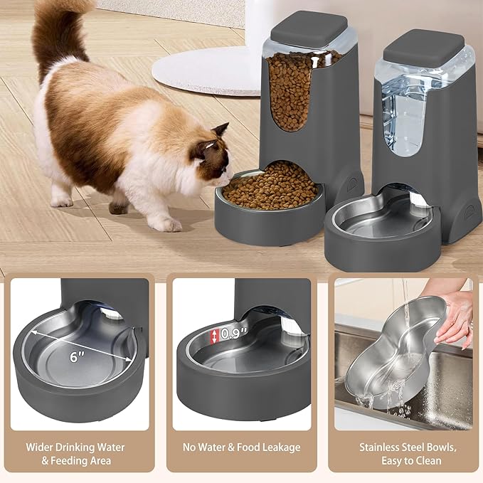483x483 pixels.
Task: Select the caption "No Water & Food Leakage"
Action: click(x=241, y=447)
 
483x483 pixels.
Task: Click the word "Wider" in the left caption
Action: click(x=42, y=447)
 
